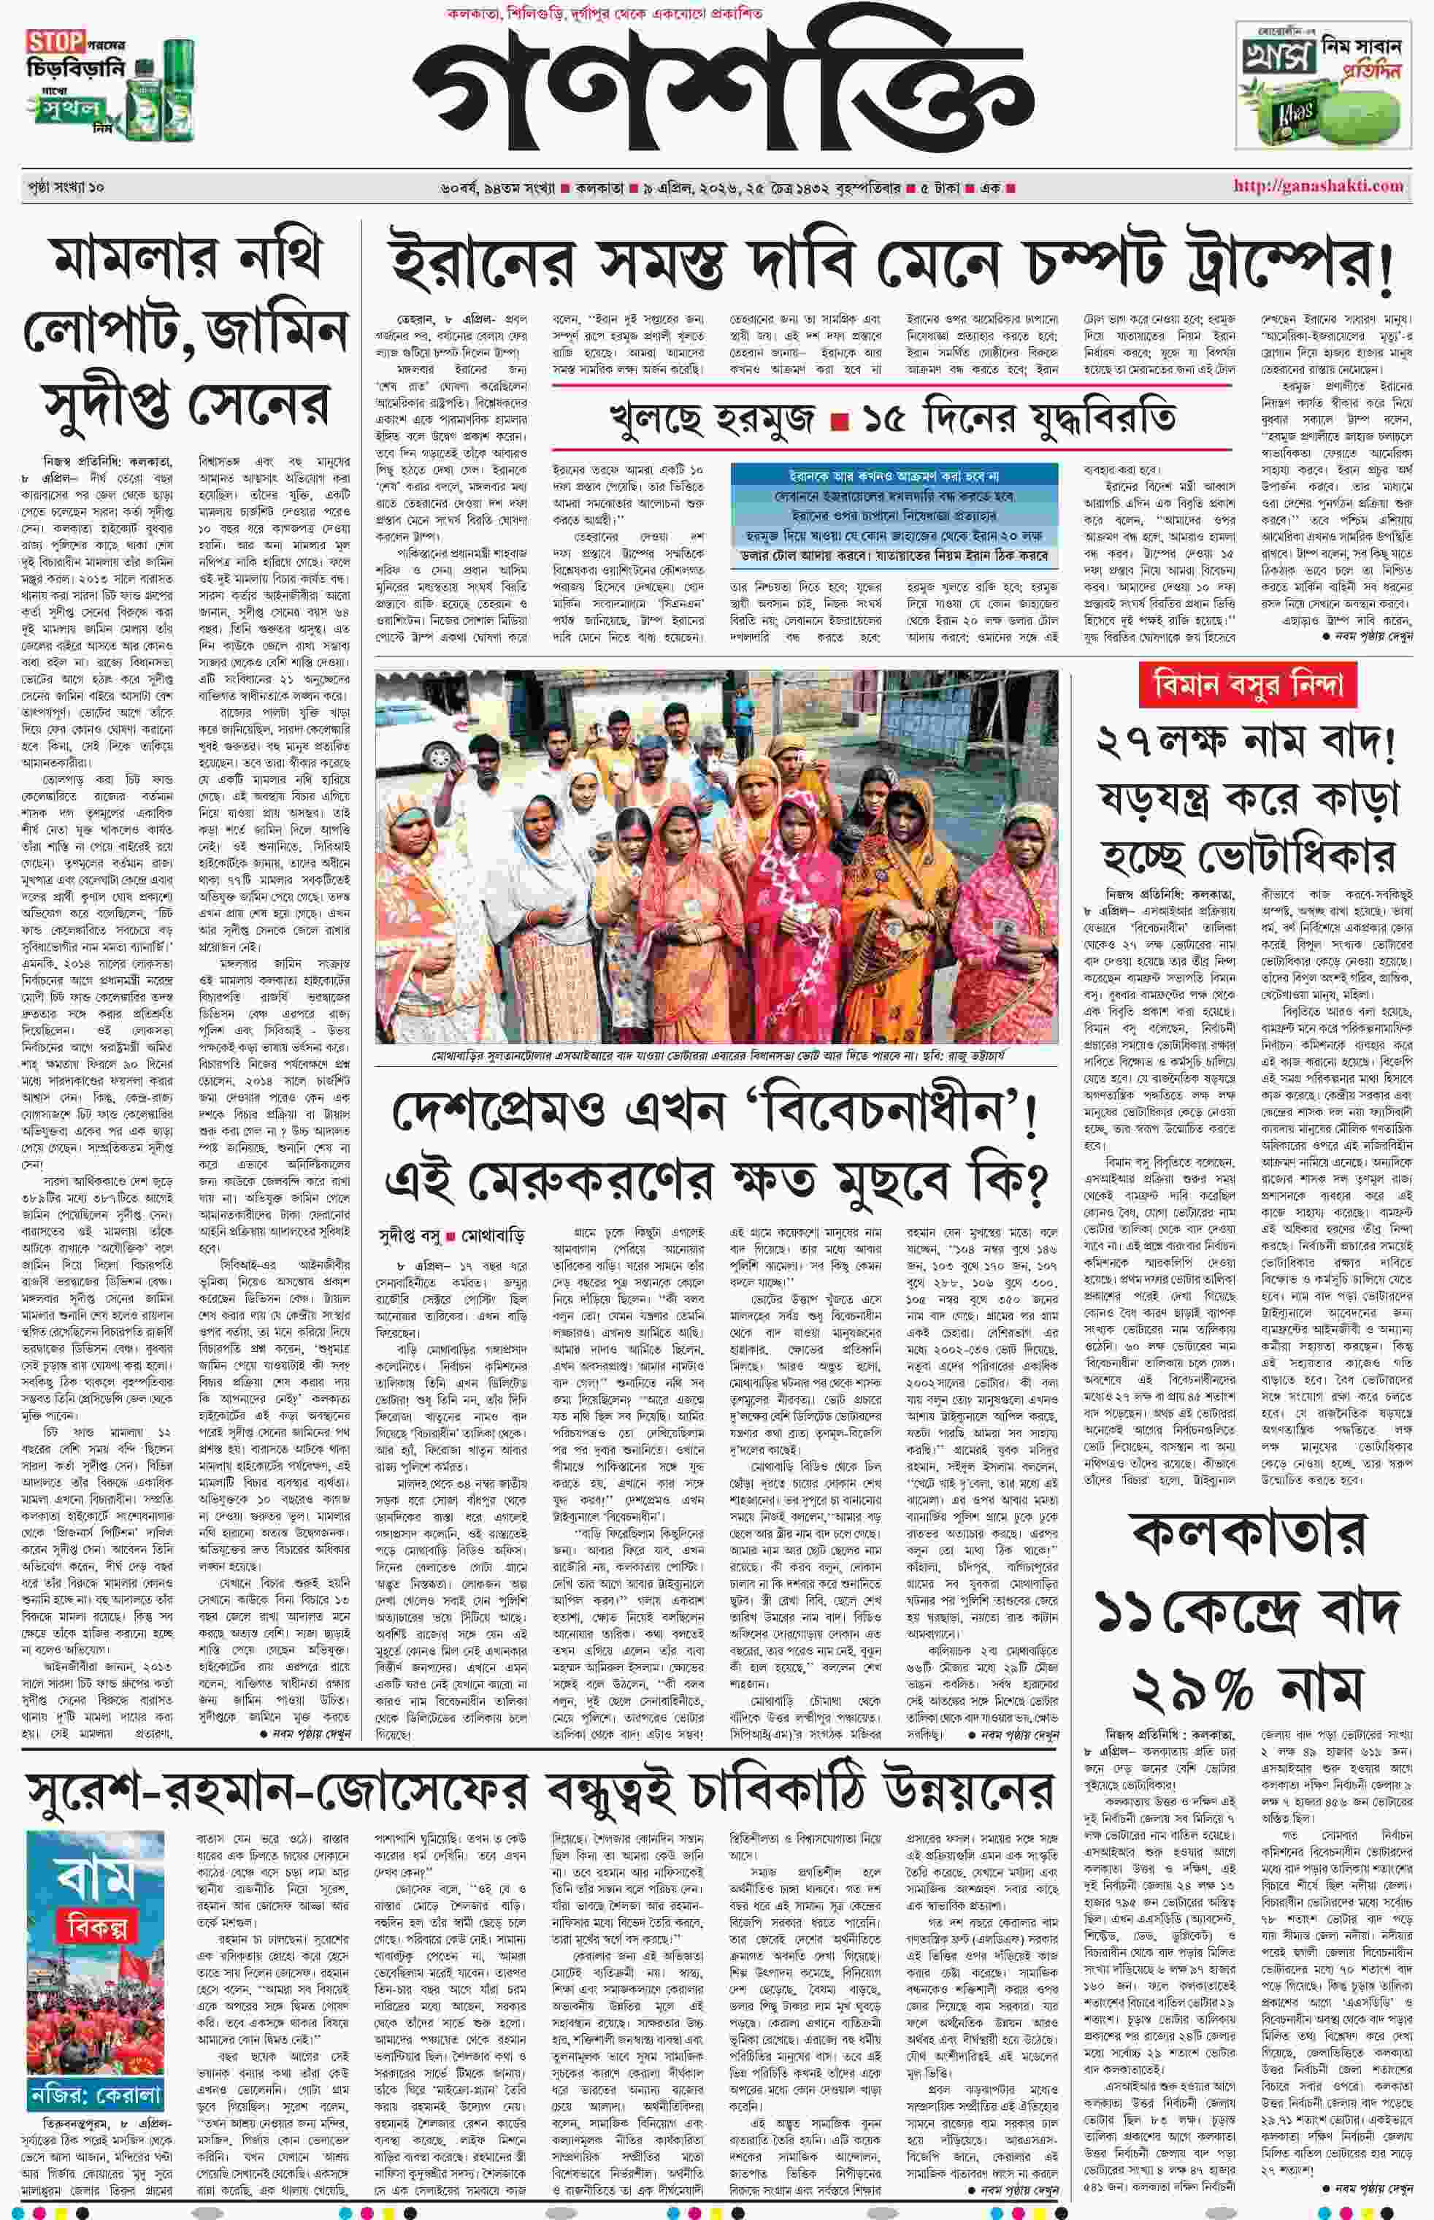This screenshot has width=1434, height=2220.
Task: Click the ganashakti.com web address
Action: point(1318,185)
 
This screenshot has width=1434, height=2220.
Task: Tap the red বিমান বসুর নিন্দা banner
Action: point(1247,686)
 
